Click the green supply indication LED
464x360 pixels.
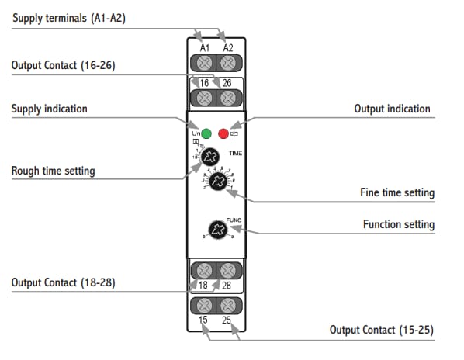tap(206, 133)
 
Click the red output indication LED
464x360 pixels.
tap(223, 133)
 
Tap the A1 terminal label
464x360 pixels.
tap(205, 47)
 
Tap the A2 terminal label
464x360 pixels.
tap(227, 47)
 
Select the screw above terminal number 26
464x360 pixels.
tap(227, 98)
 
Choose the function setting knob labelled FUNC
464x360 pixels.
tap(217, 229)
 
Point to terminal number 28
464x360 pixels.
tap(227, 286)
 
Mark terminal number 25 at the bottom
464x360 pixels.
tap(227, 320)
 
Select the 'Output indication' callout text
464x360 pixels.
tap(392, 109)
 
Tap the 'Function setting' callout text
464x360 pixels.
tap(399, 225)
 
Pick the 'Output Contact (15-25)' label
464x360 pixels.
tap(382, 330)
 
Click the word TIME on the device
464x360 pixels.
tap(235, 154)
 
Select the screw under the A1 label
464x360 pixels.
tap(205, 62)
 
